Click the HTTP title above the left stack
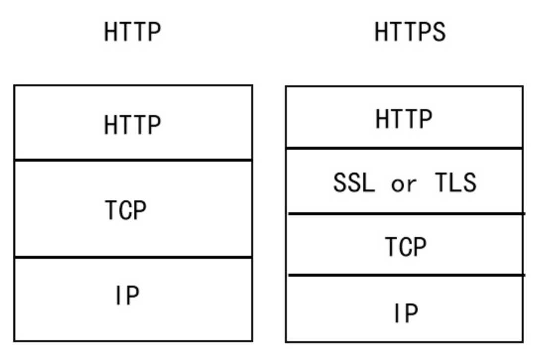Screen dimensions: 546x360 pos(133,32)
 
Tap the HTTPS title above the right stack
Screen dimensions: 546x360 pos(410,32)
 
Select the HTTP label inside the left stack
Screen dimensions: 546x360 pos(133,124)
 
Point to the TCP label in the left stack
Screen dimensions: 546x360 pos(126,210)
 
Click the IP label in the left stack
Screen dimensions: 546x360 pos(127,295)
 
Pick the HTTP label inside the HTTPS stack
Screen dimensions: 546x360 pos(404,119)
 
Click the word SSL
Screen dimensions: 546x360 pos(354,182)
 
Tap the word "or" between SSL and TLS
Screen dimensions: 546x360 pos(404,184)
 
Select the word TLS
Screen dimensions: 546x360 pos(455,182)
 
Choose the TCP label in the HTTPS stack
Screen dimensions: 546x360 pos(406,246)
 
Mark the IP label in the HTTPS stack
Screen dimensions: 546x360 pos(406,312)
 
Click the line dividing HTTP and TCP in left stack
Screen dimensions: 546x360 pos(133,160)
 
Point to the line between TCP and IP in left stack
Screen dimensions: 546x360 pos(133,257)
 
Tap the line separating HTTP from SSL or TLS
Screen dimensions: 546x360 pos(404,148)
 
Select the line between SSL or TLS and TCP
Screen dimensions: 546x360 pos(407,213)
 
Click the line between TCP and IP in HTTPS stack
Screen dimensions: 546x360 pos(407,275)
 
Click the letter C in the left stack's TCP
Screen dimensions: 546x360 pos(126,210)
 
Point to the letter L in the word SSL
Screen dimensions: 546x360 pos(369,182)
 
